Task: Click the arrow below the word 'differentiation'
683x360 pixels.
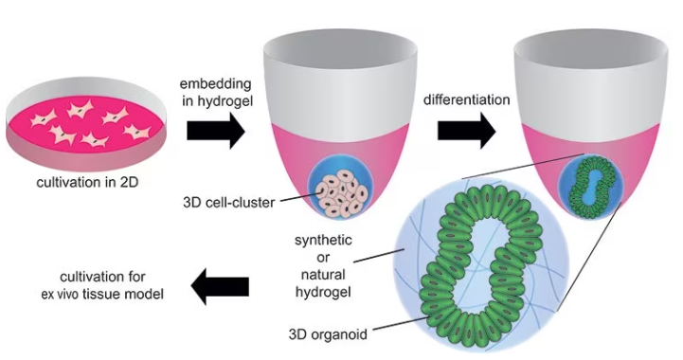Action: tap(465, 130)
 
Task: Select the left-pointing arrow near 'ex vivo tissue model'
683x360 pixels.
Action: tap(220, 285)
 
